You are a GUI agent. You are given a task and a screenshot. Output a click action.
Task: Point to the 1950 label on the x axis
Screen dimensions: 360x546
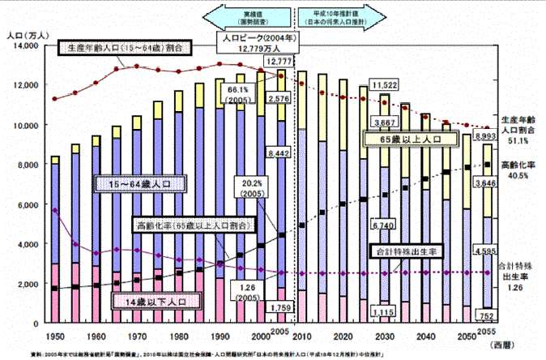click(x=55, y=335)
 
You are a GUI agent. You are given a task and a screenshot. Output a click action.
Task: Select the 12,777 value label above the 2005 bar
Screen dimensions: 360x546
click(x=279, y=62)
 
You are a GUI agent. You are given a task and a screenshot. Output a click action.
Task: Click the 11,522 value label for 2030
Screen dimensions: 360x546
click(x=382, y=84)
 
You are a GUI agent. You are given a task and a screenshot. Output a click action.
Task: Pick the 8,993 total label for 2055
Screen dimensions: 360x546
click(x=485, y=137)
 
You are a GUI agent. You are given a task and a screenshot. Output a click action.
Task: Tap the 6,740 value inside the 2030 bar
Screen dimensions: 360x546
click(x=382, y=223)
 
